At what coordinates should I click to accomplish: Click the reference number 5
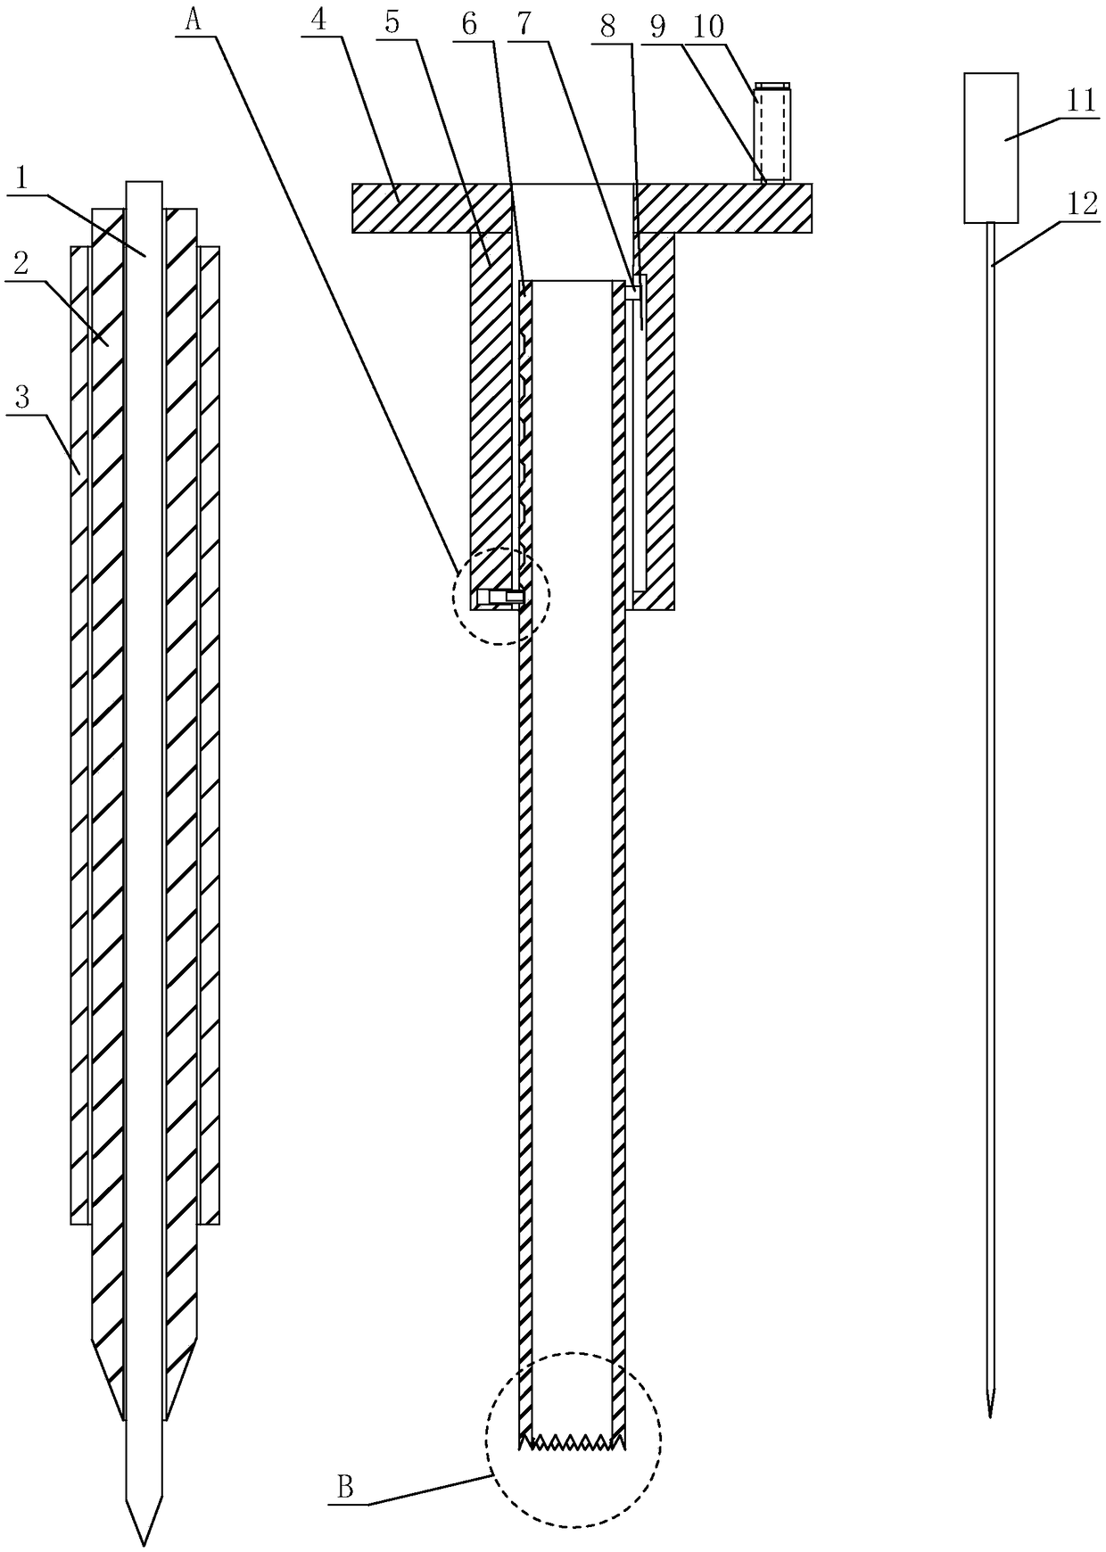click(x=392, y=22)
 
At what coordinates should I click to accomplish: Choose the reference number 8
click(x=608, y=26)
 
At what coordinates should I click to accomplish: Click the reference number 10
click(x=709, y=26)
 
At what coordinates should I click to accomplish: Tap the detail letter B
click(x=344, y=1487)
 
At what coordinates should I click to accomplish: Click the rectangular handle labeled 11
click(x=991, y=147)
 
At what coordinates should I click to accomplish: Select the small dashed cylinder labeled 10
click(x=772, y=132)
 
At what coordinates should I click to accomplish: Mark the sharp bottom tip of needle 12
click(x=990, y=1414)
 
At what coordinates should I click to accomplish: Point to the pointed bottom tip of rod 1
click(x=143, y=1542)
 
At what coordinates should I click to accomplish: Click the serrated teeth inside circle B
click(x=572, y=1440)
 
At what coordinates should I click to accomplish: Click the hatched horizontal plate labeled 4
click(x=419, y=208)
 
